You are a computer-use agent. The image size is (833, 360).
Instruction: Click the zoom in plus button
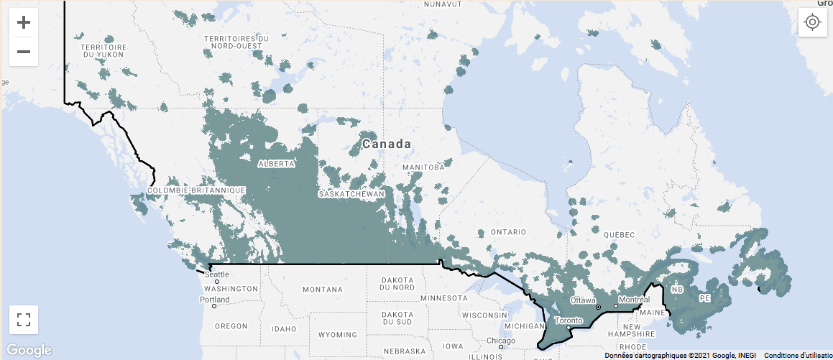tap(24, 22)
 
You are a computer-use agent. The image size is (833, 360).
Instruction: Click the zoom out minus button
tap(24, 52)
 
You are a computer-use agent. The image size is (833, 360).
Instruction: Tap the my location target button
tap(812, 22)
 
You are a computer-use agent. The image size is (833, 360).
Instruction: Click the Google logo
tap(29, 350)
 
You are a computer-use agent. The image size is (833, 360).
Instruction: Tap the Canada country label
tap(387, 144)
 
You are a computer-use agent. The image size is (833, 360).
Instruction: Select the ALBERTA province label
tap(276, 164)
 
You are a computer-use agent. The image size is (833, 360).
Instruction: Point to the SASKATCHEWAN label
tap(352, 194)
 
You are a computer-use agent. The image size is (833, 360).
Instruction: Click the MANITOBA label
tap(425, 167)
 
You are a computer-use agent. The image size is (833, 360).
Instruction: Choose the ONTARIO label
tap(508, 233)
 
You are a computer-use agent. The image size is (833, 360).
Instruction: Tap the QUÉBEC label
tap(619, 235)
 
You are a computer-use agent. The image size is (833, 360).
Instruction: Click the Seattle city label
tap(218, 274)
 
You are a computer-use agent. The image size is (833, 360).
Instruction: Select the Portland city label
tap(215, 300)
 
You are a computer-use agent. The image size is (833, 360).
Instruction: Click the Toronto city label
tap(568, 320)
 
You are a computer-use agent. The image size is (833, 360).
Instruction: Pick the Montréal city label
tap(634, 299)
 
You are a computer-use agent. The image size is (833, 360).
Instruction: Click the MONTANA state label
tap(323, 290)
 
